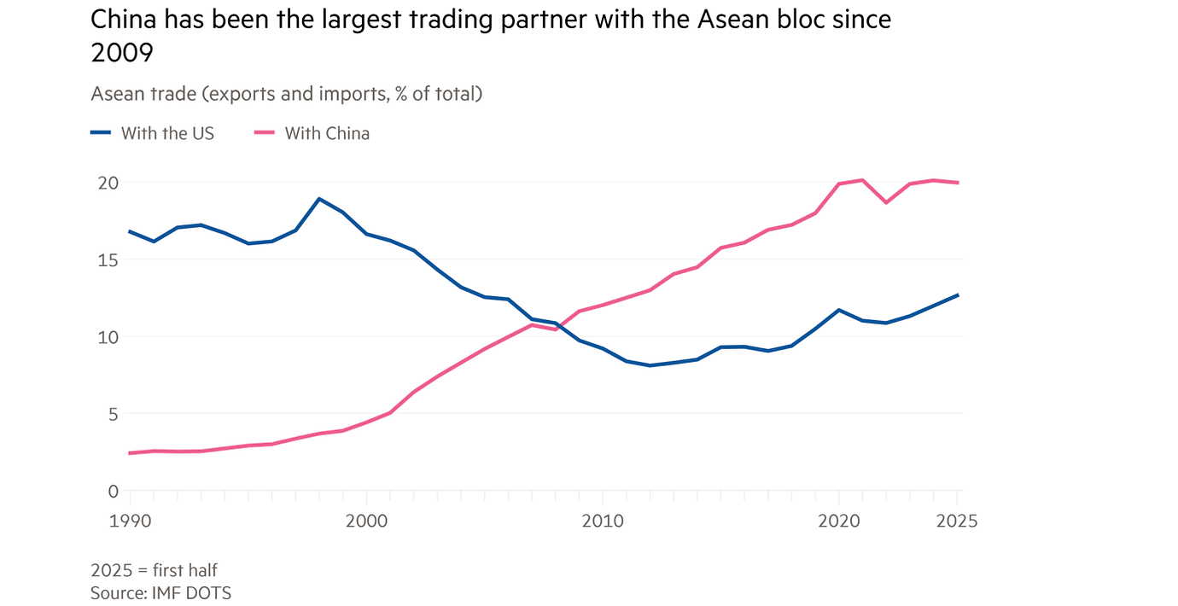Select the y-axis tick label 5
pos(110,414)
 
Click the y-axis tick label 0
pos(110,491)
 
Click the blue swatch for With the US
pos(101,132)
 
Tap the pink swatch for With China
pos(264,132)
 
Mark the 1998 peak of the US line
pos(319,199)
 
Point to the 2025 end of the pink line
pos(958,183)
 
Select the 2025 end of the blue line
pos(958,295)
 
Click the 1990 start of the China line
pos(130,453)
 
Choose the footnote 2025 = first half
pos(154,570)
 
